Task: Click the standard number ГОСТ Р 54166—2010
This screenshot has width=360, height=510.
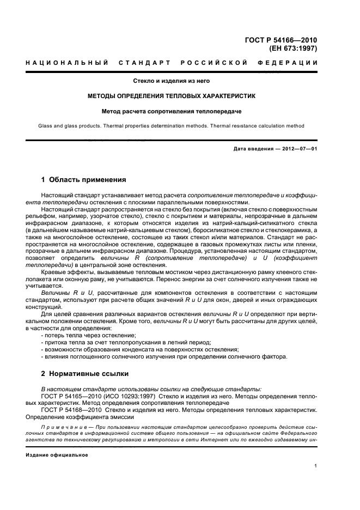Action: click(282, 40)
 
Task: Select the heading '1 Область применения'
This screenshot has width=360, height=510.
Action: click(84, 179)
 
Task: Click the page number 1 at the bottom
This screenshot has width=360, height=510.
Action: click(316, 466)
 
